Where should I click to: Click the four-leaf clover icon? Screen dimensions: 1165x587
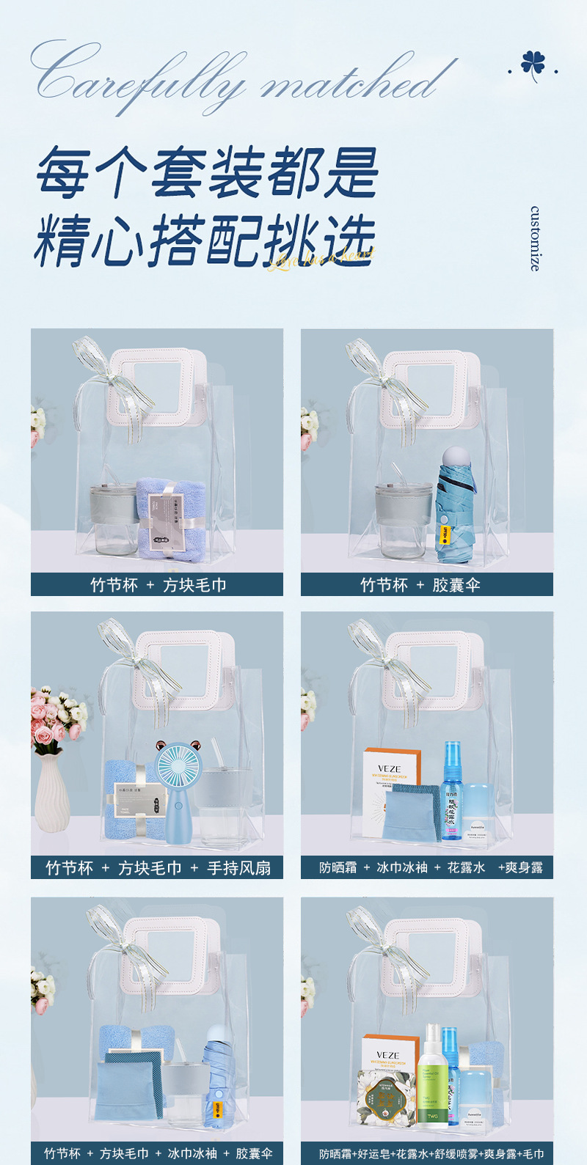tap(533, 65)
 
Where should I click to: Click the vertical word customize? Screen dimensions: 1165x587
tap(536, 239)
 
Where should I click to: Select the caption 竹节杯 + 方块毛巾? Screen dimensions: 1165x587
tap(157, 585)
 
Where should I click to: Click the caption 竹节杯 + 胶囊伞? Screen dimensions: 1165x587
tap(427, 585)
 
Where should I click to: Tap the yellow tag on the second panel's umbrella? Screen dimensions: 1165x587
tap(445, 534)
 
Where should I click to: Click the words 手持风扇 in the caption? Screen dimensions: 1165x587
tap(238, 868)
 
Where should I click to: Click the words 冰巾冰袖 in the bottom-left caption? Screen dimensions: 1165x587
tap(192, 1153)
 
